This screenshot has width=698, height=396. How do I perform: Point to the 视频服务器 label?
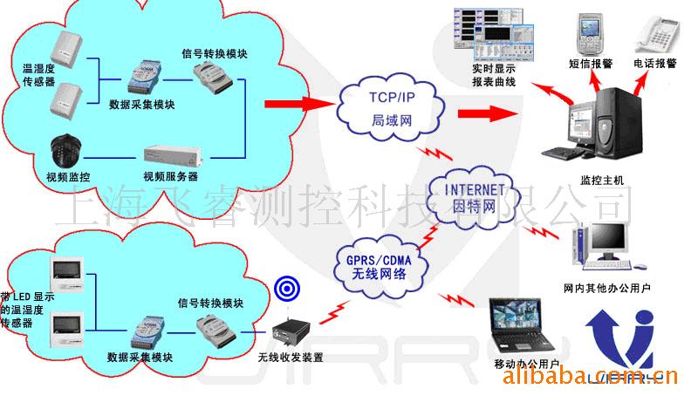click(170, 176)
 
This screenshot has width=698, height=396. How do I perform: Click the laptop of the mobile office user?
click(523, 323)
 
